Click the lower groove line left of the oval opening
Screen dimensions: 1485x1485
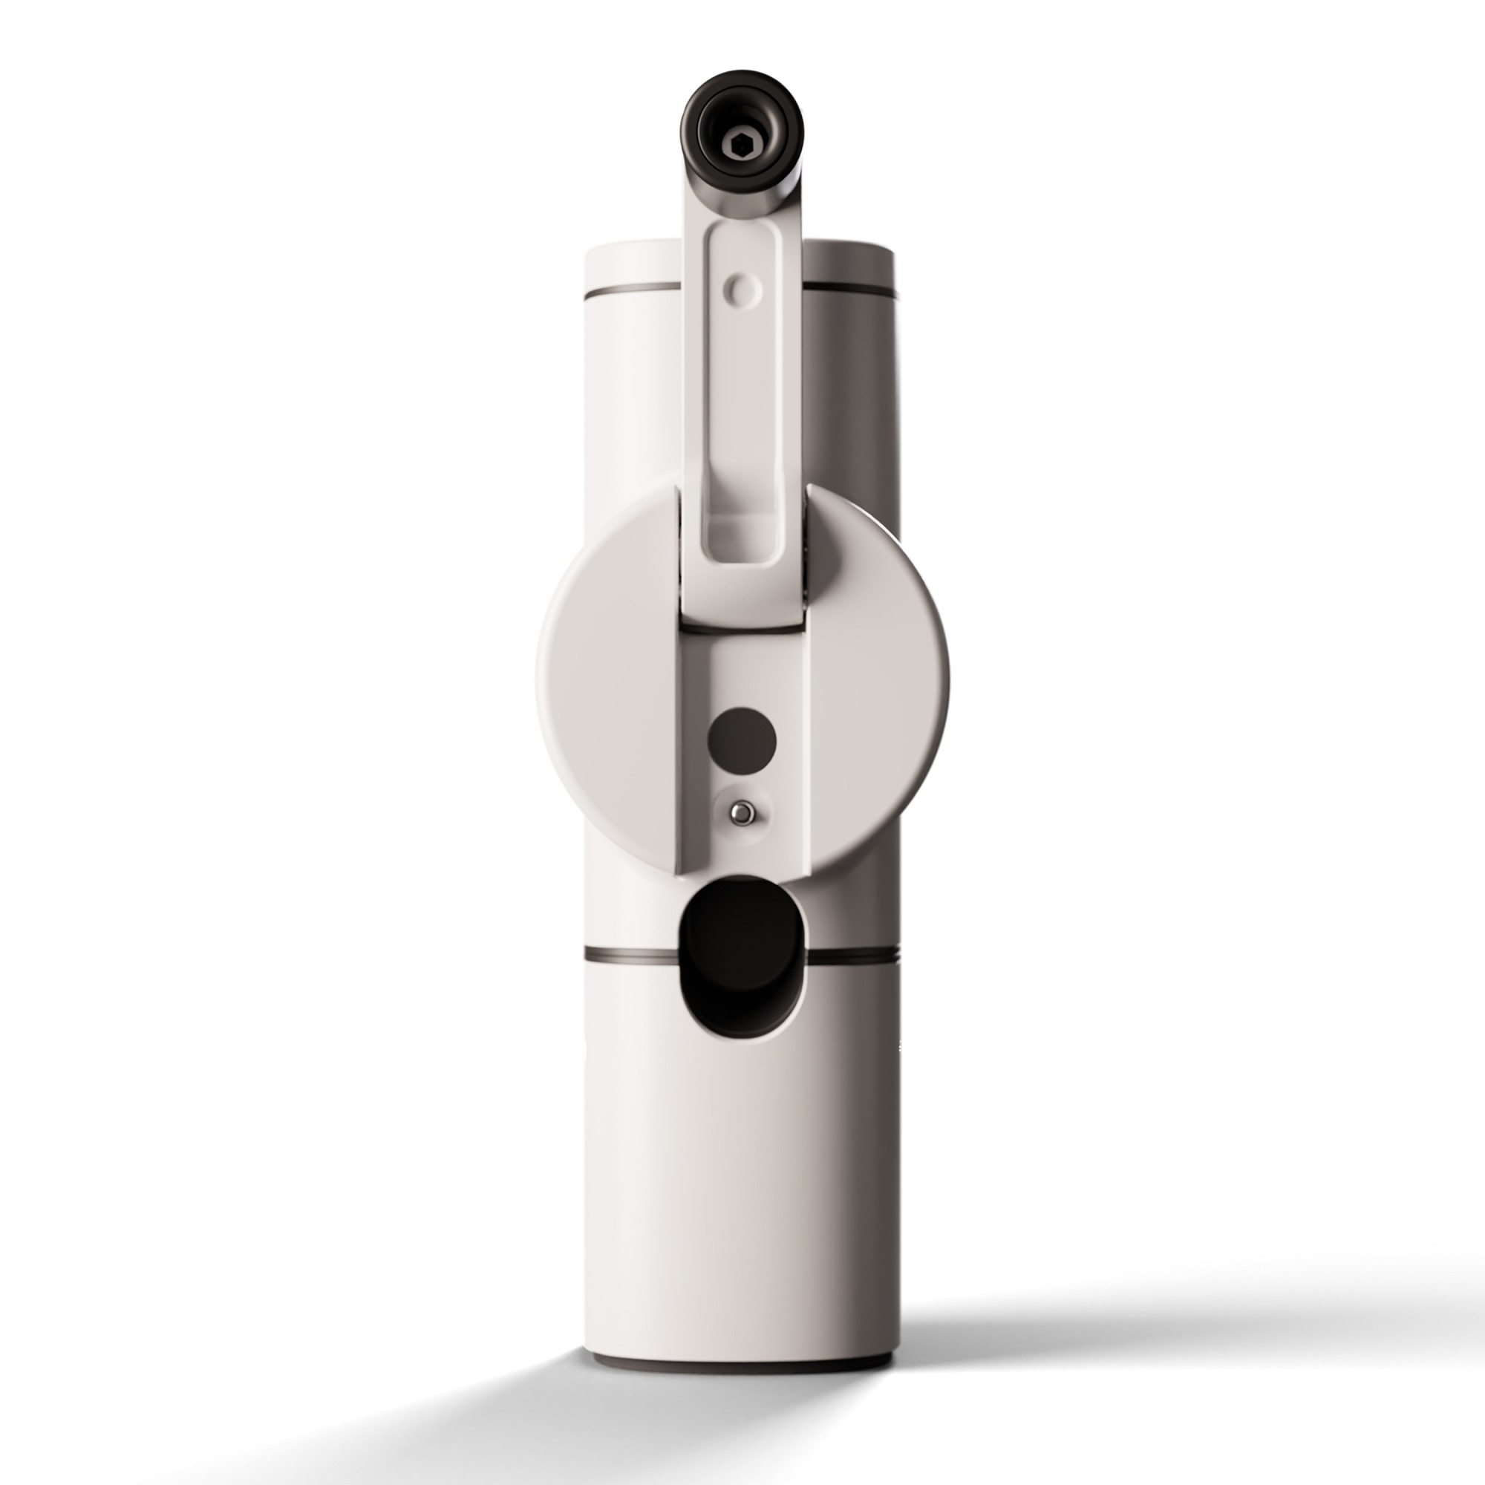pos(630,956)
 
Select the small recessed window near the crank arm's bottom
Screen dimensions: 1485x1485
pos(741,538)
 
